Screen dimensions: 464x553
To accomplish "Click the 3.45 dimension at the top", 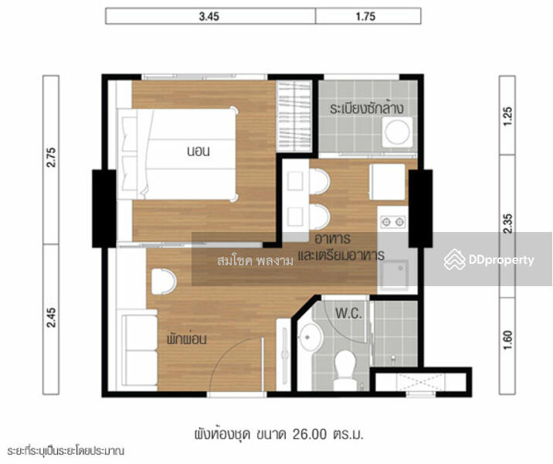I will [209, 16].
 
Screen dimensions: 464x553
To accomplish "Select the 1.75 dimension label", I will [368, 16].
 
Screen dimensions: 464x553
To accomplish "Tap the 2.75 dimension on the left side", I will [51, 159].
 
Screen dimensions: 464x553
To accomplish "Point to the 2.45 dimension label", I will [51, 318].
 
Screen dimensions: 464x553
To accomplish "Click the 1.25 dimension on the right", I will [507, 115].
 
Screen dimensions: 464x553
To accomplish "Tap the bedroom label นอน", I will [198, 152].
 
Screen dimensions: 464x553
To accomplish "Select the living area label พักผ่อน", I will [186, 338].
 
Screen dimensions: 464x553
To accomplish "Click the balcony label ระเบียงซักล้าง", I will [367, 107].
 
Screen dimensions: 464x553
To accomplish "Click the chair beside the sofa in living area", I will [163, 281].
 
